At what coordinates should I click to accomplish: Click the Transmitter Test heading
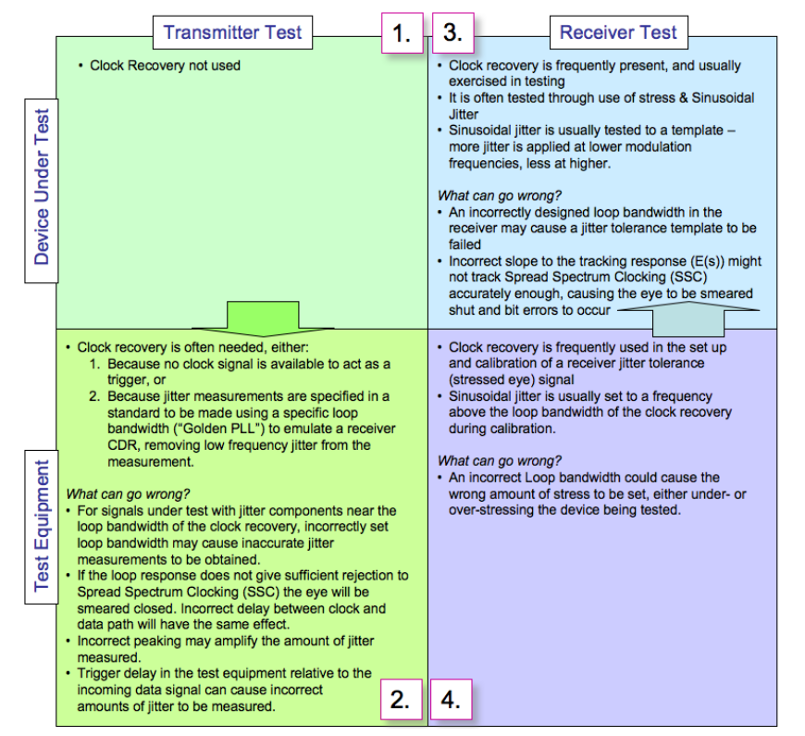click(232, 32)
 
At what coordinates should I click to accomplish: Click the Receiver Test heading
click(617, 33)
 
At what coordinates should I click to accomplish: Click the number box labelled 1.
click(401, 34)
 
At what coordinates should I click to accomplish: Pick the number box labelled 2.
click(401, 700)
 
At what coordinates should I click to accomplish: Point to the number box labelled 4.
click(452, 700)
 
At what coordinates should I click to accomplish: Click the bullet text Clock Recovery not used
click(165, 66)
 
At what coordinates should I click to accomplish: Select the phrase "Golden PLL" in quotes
click(216, 429)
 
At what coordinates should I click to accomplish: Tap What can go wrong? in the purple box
click(499, 461)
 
